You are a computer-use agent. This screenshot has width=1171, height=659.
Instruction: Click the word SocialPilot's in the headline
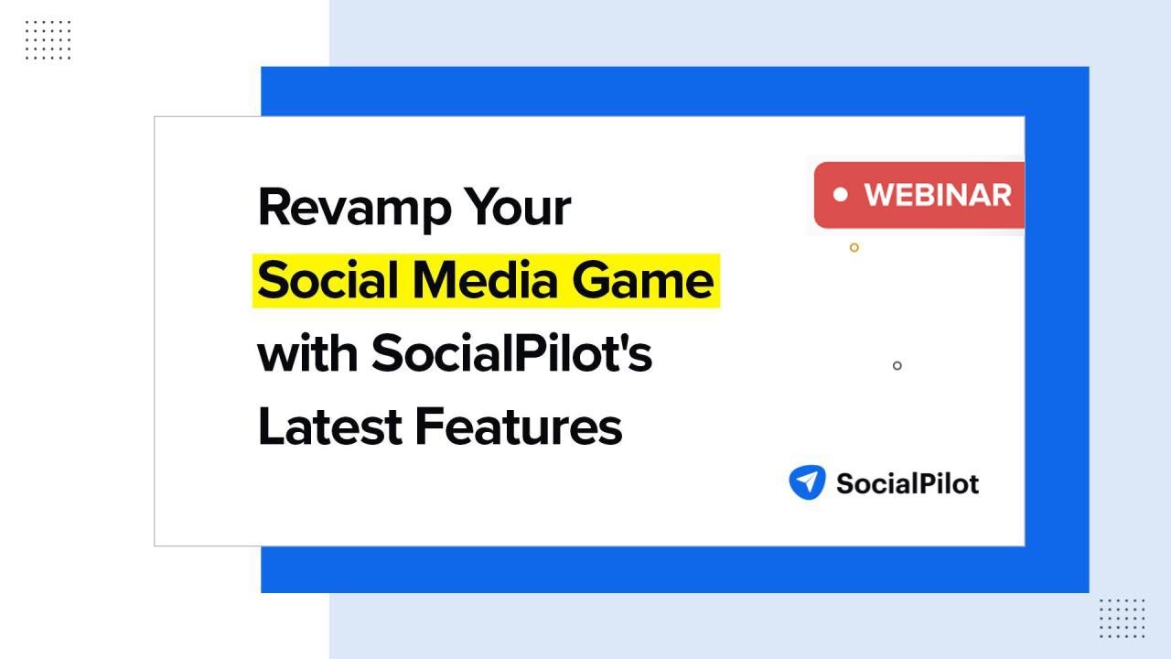click(x=511, y=353)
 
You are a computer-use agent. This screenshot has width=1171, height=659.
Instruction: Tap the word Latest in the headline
click(x=329, y=427)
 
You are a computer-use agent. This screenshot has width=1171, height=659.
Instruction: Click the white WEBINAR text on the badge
click(x=938, y=195)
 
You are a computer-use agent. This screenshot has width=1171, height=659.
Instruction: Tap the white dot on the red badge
click(x=841, y=194)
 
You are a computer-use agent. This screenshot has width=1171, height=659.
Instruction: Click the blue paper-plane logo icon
click(x=807, y=482)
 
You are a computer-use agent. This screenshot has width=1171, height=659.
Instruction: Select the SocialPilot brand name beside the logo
click(x=907, y=483)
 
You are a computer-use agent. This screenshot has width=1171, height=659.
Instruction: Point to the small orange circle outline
click(x=854, y=247)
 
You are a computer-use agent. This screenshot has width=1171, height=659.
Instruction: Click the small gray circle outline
click(x=897, y=366)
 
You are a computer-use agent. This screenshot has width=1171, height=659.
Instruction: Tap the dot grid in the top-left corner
click(x=48, y=40)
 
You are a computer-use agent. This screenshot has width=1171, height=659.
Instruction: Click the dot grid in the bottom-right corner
click(x=1122, y=618)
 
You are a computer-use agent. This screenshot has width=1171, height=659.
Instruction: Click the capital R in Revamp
click(x=274, y=208)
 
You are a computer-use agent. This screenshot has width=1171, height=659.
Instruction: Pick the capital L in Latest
click(x=270, y=427)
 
